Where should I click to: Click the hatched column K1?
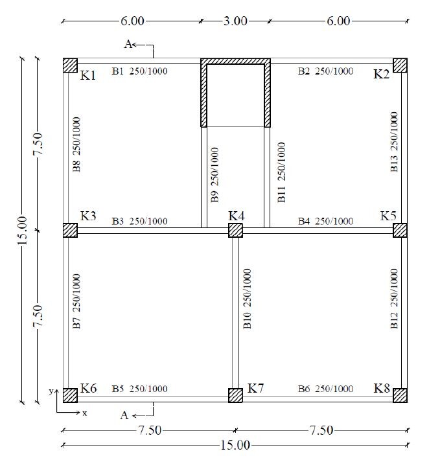(71, 65)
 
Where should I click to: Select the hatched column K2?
(400, 65)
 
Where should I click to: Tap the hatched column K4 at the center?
(236, 230)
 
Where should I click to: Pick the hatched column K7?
(236, 395)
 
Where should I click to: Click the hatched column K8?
(400, 395)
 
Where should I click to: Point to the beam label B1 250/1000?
(140, 71)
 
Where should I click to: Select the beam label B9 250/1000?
(214, 175)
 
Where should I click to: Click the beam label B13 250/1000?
(394, 142)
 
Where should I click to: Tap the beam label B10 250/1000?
(247, 299)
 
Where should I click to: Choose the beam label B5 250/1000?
(140, 389)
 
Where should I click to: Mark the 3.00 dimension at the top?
(235, 21)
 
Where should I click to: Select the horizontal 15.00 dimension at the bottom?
(235, 445)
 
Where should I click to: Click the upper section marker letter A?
(128, 44)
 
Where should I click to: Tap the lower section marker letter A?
(124, 415)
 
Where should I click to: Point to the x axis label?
(85, 413)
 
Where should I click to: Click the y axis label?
(51, 391)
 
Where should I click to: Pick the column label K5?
(388, 216)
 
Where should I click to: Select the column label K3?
(88, 216)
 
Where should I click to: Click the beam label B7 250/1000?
(76, 301)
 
